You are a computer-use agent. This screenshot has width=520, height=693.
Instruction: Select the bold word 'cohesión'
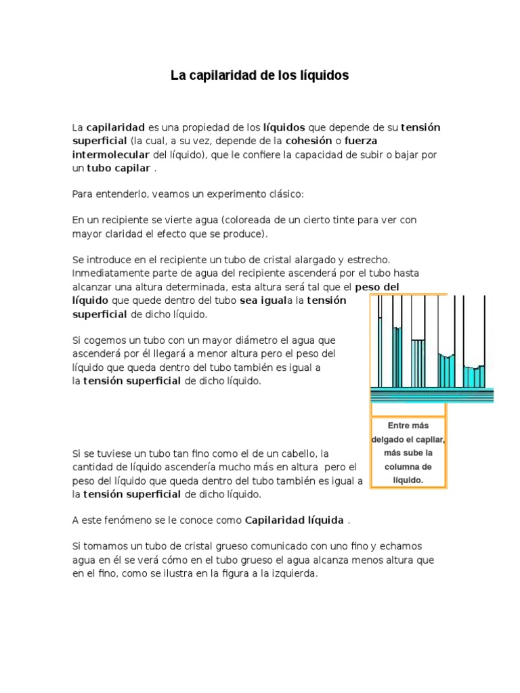[x=309, y=141]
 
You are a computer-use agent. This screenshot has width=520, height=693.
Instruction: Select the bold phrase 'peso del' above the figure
[x=377, y=287]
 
